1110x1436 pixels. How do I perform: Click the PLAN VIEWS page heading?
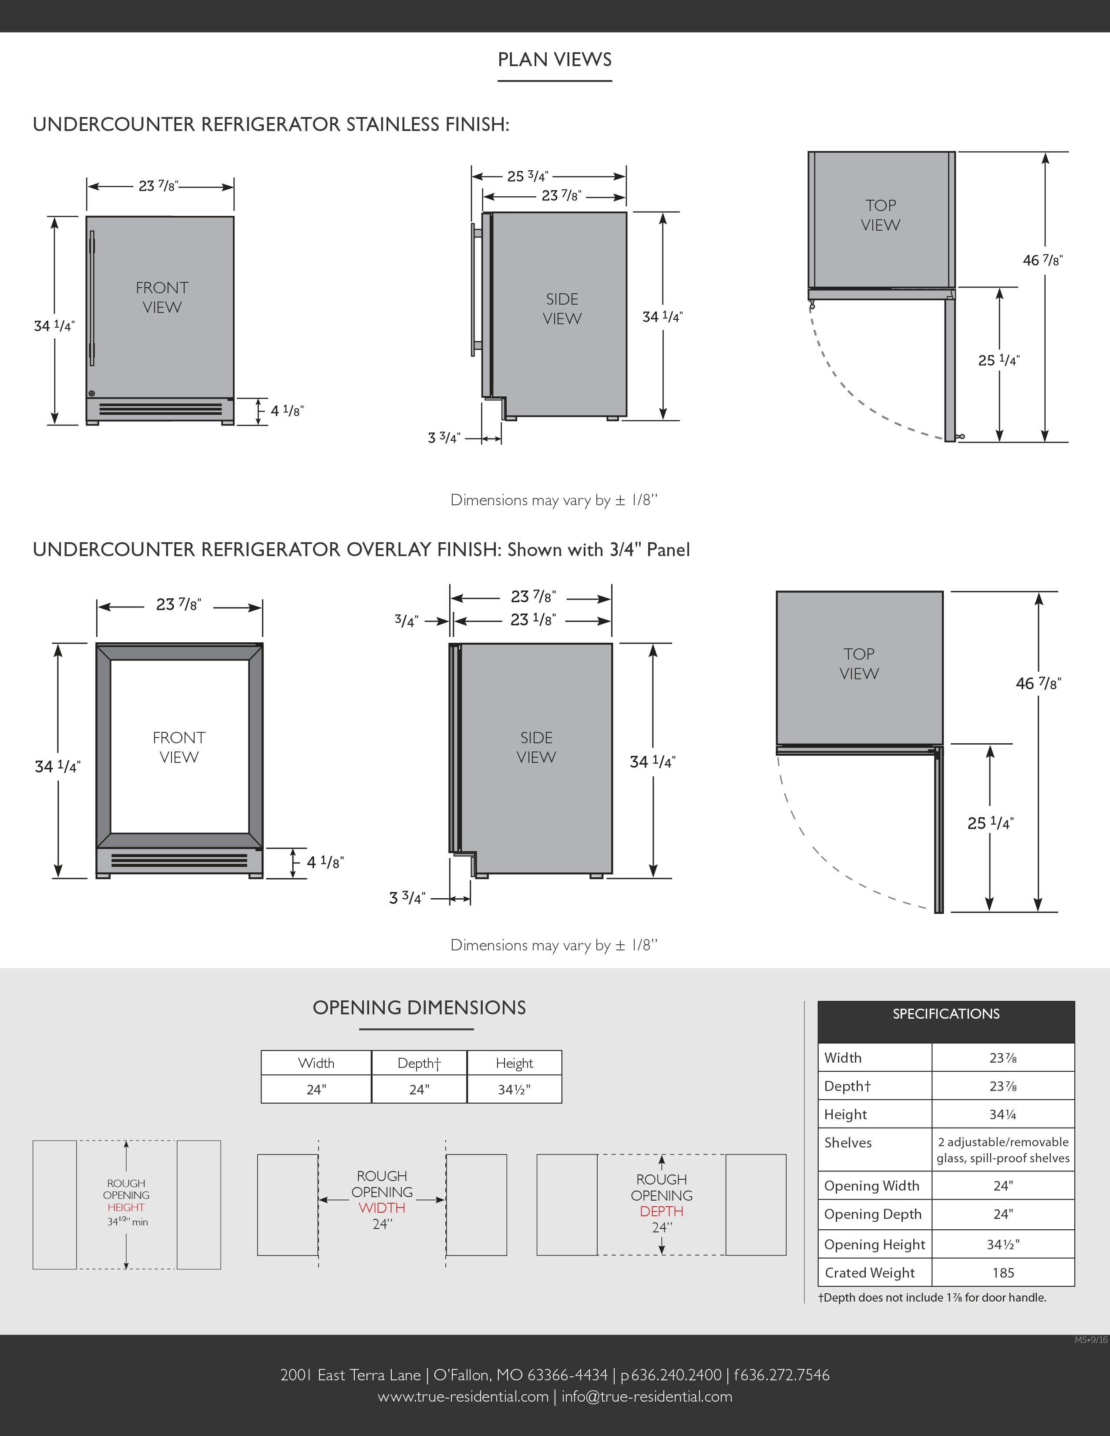point(554,60)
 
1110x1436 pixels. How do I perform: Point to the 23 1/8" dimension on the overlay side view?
point(533,619)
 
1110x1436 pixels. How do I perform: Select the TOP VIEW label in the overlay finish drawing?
point(859,664)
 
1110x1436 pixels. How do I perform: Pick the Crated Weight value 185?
point(1003,1272)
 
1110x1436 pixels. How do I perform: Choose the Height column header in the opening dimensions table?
point(514,1063)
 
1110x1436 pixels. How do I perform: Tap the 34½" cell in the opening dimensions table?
point(514,1090)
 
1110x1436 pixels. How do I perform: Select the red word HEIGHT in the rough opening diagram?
point(126,1207)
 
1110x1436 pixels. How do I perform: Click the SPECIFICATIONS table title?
point(945,1014)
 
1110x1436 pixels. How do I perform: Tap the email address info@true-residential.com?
point(646,1396)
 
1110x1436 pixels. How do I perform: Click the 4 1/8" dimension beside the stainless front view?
point(287,411)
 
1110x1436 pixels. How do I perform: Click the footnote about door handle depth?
point(932,1297)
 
